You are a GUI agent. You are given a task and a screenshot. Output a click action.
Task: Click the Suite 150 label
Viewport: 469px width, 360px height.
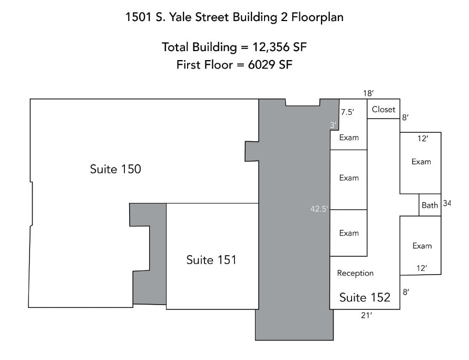pyautogui.click(x=115, y=169)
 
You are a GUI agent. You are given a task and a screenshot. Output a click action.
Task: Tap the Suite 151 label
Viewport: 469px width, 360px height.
pyautogui.click(x=211, y=260)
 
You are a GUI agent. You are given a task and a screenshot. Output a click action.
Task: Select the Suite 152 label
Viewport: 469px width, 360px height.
pyautogui.click(x=365, y=297)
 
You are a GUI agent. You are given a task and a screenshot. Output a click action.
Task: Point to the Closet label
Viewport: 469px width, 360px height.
pyautogui.click(x=383, y=110)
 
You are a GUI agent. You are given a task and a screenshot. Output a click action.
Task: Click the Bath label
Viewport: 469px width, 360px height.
pyautogui.click(x=429, y=205)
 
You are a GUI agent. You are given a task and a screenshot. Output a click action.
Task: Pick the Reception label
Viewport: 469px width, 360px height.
pyautogui.click(x=355, y=273)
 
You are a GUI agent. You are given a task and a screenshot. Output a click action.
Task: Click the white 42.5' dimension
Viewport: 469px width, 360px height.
pyautogui.click(x=319, y=209)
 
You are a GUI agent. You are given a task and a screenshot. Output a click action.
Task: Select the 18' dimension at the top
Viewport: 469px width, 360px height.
pyautogui.click(x=368, y=93)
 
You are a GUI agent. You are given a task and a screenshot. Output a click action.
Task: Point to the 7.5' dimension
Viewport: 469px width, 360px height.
pyautogui.click(x=347, y=112)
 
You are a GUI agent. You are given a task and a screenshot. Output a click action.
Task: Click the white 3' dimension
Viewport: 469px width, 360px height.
pyautogui.click(x=333, y=124)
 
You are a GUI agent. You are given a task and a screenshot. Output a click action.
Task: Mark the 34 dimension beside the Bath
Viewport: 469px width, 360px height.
pyautogui.click(x=447, y=203)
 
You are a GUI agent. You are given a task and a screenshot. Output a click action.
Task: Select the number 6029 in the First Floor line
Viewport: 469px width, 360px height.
pyautogui.click(x=262, y=65)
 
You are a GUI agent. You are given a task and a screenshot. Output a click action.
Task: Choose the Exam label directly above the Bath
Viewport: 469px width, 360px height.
pyautogui.click(x=421, y=162)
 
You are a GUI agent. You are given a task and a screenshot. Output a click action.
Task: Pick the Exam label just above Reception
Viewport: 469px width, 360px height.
pyautogui.click(x=349, y=233)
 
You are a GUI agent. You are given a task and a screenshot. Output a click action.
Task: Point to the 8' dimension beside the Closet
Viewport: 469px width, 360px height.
pyautogui.click(x=405, y=118)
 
